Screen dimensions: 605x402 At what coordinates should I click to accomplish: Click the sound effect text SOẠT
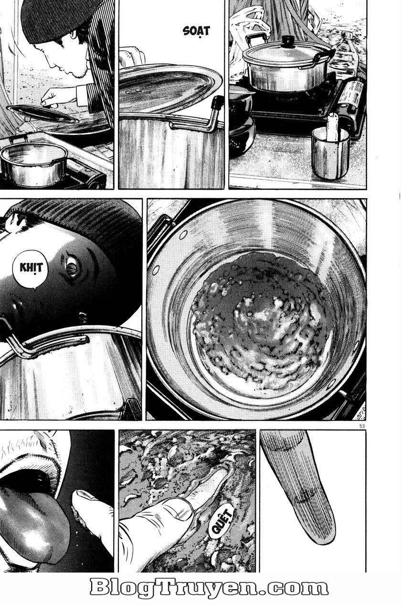[196, 32]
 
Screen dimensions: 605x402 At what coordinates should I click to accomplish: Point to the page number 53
[361, 426]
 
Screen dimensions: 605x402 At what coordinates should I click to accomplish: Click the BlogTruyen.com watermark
[209, 588]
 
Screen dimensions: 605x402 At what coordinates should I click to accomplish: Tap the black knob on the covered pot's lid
[288, 41]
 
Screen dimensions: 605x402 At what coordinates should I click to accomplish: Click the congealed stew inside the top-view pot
[263, 324]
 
